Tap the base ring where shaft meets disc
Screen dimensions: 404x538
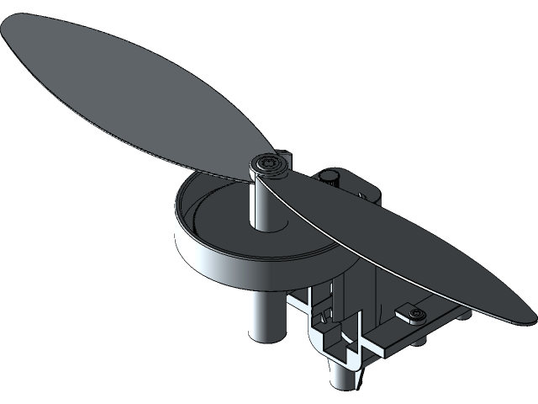tap(266, 226)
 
